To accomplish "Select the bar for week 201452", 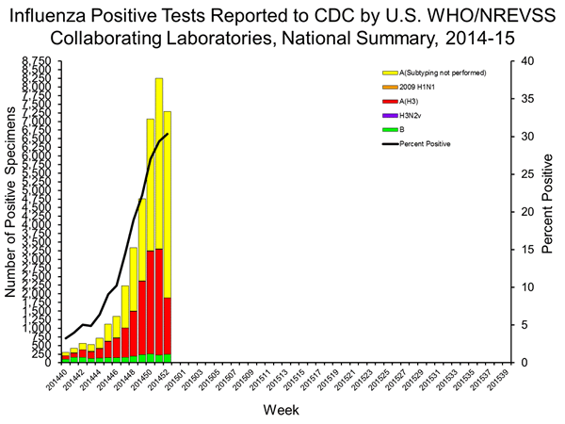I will pyautogui.click(x=168, y=236).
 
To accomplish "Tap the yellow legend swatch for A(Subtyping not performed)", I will pyautogui.click(x=388, y=73).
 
